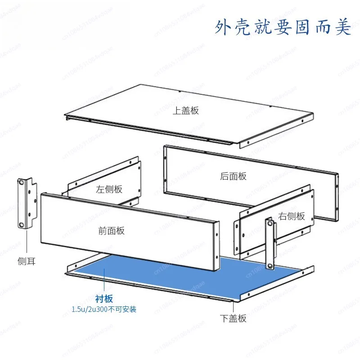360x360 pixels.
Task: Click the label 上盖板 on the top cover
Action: [x=185, y=110]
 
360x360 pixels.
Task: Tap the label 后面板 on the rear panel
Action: [x=233, y=176]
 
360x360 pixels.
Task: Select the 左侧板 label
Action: [x=109, y=189]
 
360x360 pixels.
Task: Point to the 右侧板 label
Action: [x=291, y=216]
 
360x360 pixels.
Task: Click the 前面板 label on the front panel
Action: [x=111, y=230]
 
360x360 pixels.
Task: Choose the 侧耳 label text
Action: [x=27, y=261]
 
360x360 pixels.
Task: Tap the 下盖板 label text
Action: [x=233, y=318]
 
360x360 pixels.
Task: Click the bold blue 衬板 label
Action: [x=104, y=299]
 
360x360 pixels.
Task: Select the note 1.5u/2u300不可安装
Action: [x=104, y=309]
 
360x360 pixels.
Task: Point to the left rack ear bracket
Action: [x=27, y=203]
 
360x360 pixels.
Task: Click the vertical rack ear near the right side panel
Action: [x=270, y=243]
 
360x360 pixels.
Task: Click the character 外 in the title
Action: [x=223, y=27]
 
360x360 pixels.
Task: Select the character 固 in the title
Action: [x=302, y=27]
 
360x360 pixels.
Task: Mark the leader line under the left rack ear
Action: [x=27, y=242]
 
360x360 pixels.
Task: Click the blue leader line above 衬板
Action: [x=104, y=280]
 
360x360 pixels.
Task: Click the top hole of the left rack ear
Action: [x=21, y=183]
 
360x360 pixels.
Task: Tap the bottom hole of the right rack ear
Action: [x=270, y=266]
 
